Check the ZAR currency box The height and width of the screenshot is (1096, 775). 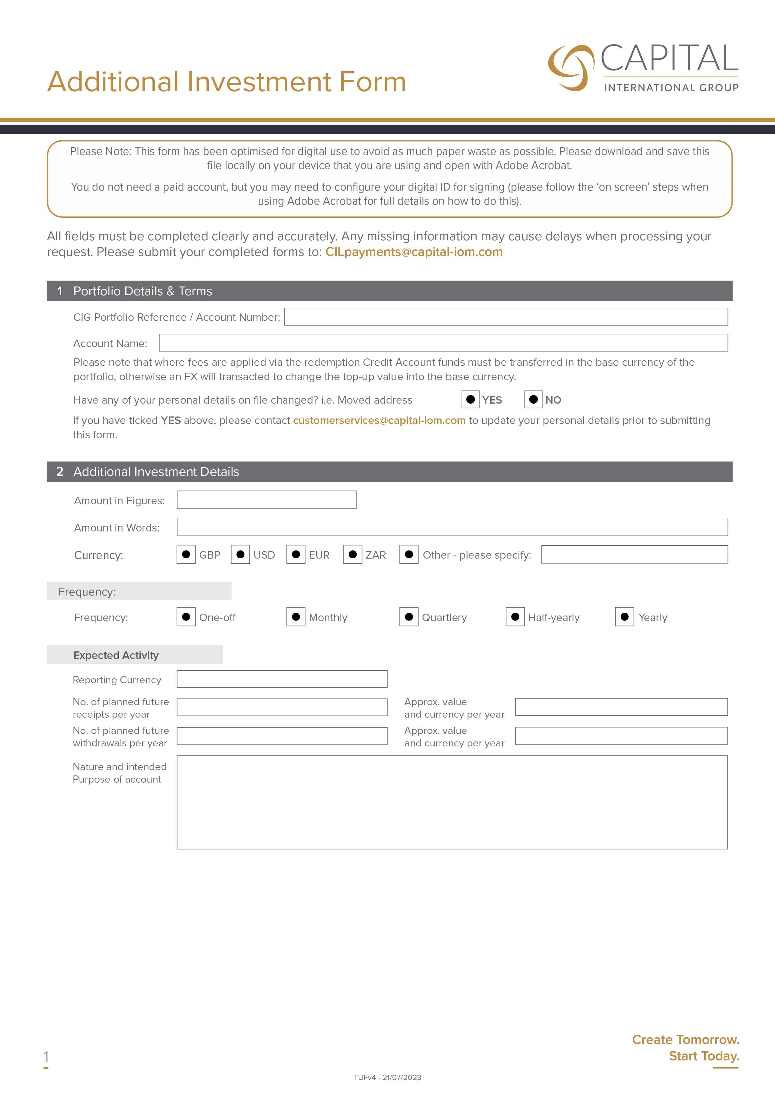[353, 554]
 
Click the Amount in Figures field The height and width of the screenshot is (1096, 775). [267, 500]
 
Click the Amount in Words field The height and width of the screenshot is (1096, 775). [452, 527]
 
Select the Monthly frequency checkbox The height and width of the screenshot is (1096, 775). [296, 617]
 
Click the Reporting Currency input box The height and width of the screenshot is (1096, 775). [282, 679]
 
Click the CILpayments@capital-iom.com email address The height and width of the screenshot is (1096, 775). [413, 252]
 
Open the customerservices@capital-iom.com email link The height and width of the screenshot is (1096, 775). [379, 421]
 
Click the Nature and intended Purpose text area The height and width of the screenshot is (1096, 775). [452, 802]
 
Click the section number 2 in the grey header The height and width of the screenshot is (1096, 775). [60, 472]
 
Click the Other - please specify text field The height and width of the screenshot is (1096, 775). [634, 554]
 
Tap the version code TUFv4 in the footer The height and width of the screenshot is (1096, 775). [365, 1077]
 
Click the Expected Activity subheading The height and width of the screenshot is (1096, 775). [116, 655]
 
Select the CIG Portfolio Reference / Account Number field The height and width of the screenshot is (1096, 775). [506, 316]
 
